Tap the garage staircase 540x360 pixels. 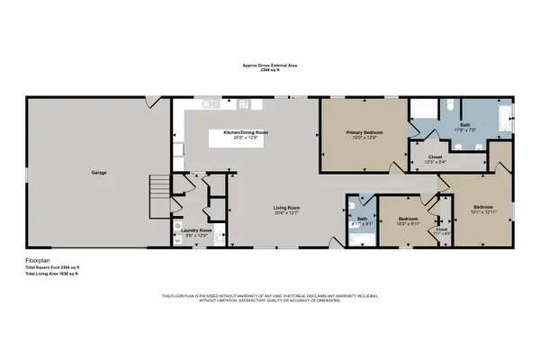point(158,190)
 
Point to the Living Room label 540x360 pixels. point(287,211)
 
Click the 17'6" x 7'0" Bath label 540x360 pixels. point(464,127)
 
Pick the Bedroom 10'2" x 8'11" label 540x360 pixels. point(408,220)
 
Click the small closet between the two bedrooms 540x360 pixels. point(442,230)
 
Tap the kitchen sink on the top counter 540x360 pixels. point(210,103)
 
